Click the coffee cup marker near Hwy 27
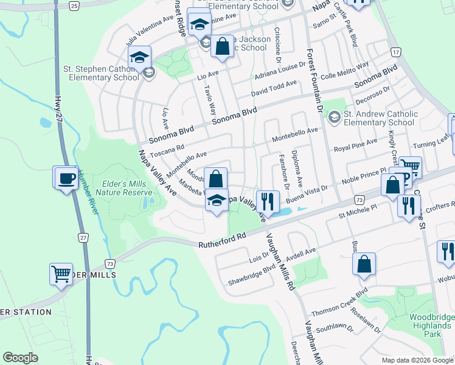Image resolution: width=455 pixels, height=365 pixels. pos(66,179)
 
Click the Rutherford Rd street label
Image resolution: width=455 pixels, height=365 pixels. pos(221,240)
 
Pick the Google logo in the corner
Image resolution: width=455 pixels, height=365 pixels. pos(20,358)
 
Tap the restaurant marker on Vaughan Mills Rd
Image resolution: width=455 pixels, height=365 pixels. pos(268,201)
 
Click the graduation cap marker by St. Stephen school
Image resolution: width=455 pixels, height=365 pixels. pos(139,58)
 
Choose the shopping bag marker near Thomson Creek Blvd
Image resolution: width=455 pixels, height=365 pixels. pos(364,264)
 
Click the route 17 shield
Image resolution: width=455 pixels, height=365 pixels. pos(396,53)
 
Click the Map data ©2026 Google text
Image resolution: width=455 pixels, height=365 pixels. pos(416,360)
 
